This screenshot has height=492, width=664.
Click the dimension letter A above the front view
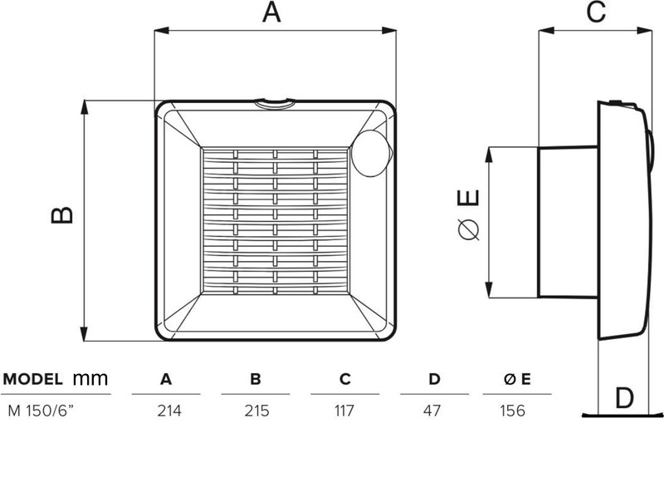(271, 12)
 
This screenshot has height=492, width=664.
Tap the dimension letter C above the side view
(596, 12)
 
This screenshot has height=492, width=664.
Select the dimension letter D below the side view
(624, 398)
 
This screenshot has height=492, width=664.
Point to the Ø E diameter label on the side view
(469, 214)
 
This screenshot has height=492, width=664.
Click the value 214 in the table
(169, 411)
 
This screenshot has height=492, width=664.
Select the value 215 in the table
(256, 411)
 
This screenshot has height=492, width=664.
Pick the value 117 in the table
(344, 411)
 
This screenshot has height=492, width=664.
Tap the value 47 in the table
(432, 411)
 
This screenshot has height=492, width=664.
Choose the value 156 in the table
(512, 411)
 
